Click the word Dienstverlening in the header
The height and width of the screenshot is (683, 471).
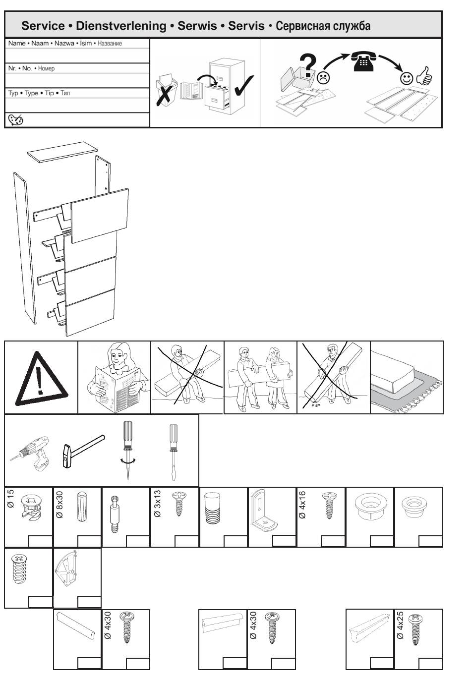[121, 26]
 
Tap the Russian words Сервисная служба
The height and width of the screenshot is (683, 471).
[323, 26]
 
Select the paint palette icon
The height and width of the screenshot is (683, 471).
[15, 120]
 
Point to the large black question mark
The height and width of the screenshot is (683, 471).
[308, 64]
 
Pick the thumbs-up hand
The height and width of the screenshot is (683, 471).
[424, 76]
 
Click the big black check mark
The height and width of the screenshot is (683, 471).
[244, 85]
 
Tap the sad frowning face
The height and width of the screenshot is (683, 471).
[323, 77]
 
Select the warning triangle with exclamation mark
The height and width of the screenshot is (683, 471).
[42, 379]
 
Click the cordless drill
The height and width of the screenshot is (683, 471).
[31, 454]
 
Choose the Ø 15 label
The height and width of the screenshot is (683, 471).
[10, 499]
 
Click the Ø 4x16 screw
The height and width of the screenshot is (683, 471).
[329, 505]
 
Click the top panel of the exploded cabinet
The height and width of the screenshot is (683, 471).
[62, 152]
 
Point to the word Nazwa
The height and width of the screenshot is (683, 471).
[64, 43]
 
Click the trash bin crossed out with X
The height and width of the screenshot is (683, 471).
[166, 91]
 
